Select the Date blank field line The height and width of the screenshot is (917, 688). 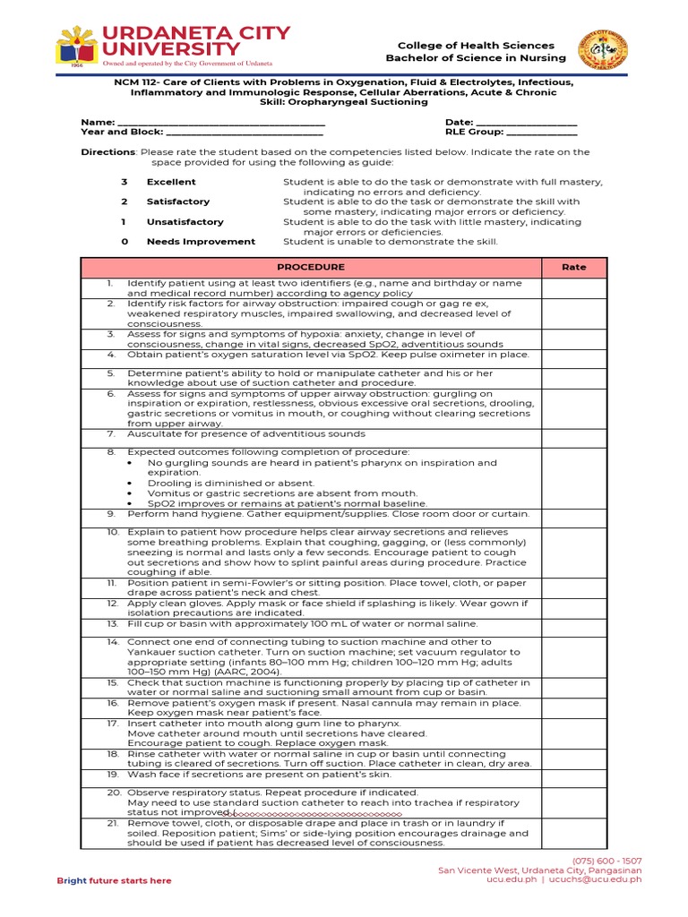coord(526,123)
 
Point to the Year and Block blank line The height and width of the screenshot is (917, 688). coord(244,133)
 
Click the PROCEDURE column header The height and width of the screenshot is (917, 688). coord(310,267)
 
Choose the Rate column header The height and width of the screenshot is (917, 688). coord(573,267)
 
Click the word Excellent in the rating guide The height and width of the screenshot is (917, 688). coord(171,182)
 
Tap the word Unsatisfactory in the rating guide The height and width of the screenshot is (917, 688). coord(185,221)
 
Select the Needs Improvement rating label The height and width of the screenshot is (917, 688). coord(201,241)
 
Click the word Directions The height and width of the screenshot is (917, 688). coord(107,152)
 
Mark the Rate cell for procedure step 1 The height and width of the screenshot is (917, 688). coord(573,287)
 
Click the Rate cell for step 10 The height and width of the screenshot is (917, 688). coord(573,551)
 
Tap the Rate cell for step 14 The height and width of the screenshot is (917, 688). coord(573,656)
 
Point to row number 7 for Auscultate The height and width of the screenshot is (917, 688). coord(111,433)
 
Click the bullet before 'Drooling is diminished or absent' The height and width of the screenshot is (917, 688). coord(131,483)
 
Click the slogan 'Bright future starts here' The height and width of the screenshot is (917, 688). coord(114,880)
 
